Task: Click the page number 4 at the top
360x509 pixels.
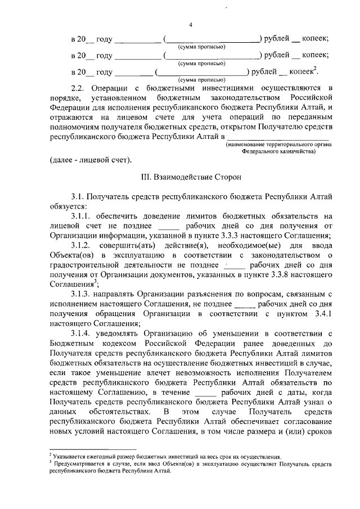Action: coord(191,24)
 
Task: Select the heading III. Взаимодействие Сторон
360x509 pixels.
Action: coord(191,177)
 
